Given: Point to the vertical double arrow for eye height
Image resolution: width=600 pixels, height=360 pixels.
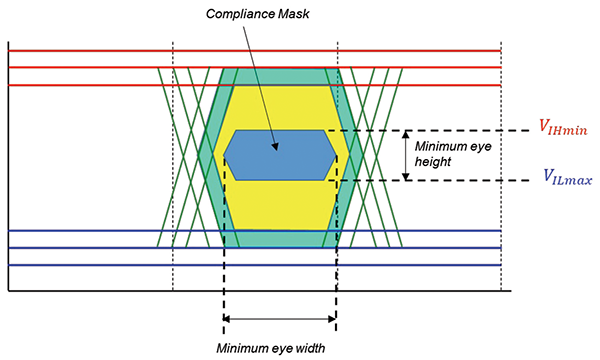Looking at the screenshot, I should point(405,155).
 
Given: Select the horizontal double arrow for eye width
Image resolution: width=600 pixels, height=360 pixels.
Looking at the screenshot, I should point(280,319).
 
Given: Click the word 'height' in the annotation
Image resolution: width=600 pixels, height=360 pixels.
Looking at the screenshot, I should point(432,162).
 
